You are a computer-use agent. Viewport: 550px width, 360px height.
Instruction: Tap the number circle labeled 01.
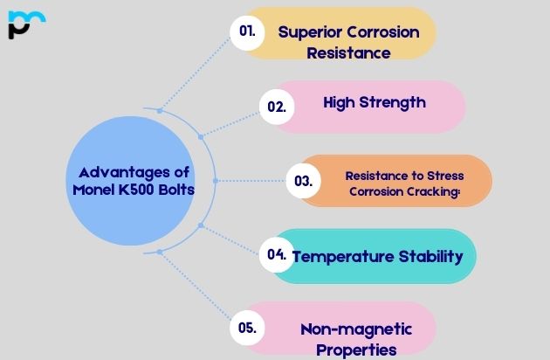pos(247,31)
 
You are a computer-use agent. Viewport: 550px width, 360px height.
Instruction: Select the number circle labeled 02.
pos(277,107)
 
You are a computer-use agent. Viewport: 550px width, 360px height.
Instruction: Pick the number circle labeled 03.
pos(303,182)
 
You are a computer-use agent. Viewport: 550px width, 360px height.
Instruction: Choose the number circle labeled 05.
pos(247,329)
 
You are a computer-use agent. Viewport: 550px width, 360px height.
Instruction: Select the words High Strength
pos(374,102)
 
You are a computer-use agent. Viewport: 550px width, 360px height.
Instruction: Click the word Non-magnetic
pos(355,329)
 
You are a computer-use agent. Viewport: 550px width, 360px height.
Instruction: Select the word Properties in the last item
pos(355,349)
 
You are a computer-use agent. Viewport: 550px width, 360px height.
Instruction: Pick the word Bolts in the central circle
pos(175,190)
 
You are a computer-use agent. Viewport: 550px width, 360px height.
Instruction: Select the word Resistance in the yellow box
pos(348,52)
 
